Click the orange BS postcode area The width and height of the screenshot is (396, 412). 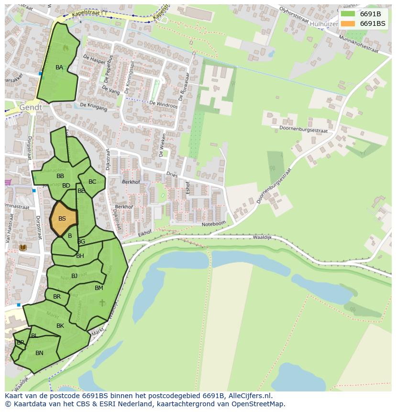point(63,219)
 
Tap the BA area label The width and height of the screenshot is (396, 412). point(59,67)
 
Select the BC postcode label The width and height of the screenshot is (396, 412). point(92,182)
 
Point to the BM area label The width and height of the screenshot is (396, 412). point(99,288)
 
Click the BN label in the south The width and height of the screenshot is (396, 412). point(39,353)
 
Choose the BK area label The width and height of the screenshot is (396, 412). point(60,326)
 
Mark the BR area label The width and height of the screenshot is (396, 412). point(57,297)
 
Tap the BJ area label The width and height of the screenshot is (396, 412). point(74,276)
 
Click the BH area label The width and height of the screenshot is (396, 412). point(80,256)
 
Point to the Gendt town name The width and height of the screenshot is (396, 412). point(31,108)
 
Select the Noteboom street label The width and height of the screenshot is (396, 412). point(213,224)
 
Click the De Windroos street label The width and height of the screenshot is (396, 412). point(163,104)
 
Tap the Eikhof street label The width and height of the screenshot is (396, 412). point(144,233)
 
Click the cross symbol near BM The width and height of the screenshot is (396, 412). point(102,302)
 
